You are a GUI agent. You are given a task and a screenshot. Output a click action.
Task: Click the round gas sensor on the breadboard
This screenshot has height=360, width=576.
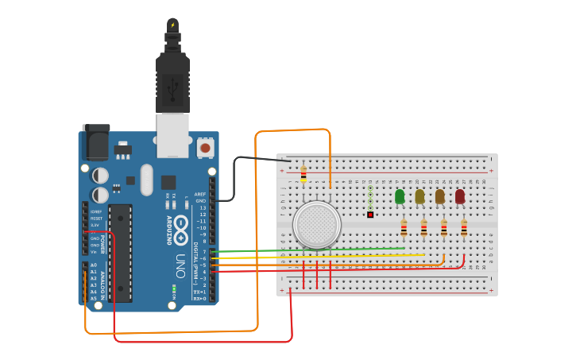316,224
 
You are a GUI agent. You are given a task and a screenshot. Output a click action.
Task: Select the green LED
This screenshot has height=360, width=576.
400,196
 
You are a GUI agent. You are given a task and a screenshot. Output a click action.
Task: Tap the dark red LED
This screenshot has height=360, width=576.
460,196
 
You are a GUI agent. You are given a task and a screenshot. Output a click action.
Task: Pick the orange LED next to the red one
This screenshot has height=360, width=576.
439,196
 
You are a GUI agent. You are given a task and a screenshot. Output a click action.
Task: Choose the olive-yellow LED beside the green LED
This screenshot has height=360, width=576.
419,196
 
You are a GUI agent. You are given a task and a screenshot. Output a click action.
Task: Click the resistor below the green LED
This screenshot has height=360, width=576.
404,228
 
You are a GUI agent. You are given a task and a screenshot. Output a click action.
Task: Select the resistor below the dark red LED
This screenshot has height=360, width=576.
464,228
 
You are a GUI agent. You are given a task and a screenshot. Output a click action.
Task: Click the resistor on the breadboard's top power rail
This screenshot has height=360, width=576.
303,173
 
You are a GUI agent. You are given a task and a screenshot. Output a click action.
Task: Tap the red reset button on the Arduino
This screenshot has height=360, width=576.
205,147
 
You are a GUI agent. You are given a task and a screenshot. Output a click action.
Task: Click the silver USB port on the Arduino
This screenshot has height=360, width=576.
172,134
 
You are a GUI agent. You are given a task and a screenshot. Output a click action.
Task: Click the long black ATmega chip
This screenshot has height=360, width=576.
120,253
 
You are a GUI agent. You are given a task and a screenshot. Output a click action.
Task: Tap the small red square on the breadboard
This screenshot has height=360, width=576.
370,215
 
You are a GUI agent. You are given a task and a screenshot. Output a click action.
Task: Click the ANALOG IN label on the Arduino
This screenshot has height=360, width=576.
104,282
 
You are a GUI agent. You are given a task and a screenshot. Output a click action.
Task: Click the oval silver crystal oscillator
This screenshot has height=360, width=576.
146,180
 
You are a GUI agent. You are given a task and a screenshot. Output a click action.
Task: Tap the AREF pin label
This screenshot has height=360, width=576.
200,194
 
